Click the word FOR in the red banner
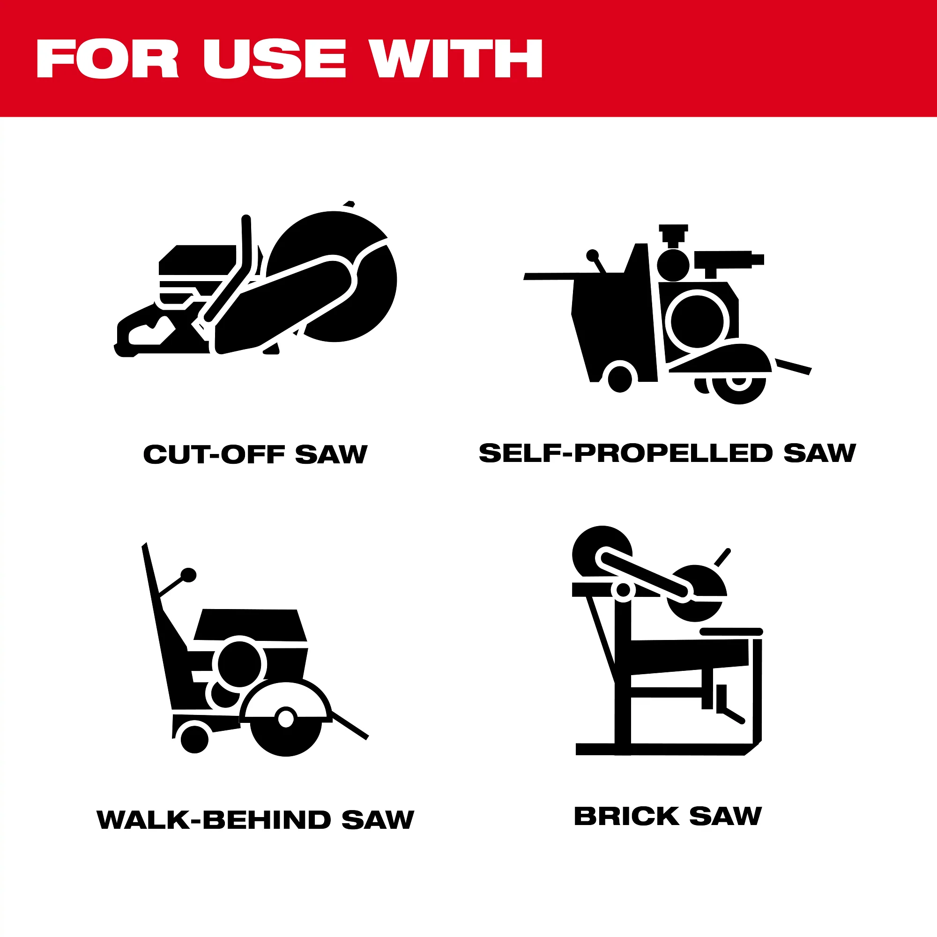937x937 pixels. click(108, 59)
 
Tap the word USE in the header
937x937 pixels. click(275, 59)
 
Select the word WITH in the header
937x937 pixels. click(455, 59)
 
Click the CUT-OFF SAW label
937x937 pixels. click(256, 454)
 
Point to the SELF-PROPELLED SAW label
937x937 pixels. click(667, 453)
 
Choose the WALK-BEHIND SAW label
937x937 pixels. click(256, 819)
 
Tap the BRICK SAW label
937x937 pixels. click(668, 816)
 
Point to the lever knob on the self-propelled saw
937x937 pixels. click(592, 255)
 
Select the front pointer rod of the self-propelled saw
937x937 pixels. click(794, 367)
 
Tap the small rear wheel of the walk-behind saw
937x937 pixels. click(194, 740)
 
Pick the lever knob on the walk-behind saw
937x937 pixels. click(189, 575)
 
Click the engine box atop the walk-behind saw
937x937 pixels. click(250, 625)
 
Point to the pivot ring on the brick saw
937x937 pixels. click(623, 590)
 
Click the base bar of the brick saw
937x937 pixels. click(660, 749)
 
